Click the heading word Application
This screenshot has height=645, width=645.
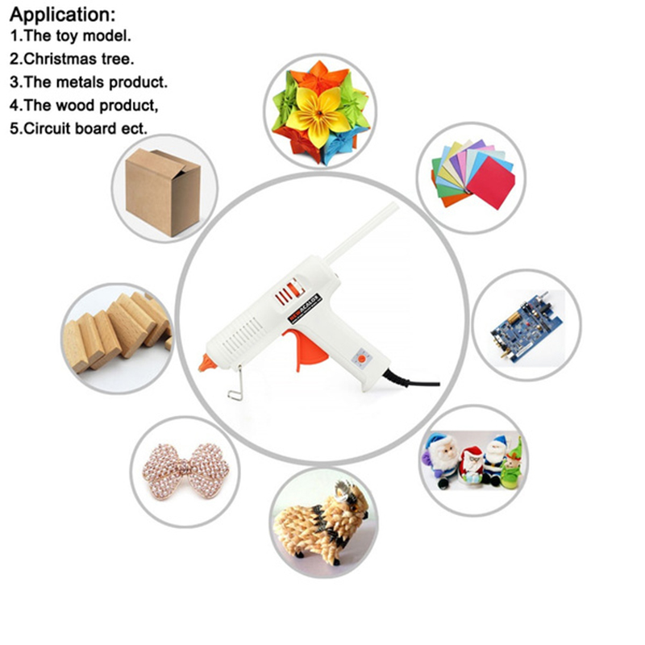tap(62, 15)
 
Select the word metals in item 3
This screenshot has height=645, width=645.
tap(80, 82)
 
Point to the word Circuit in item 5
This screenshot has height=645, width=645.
tap(48, 129)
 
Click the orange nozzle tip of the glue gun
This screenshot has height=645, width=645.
tap(207, 363)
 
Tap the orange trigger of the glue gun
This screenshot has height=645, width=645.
tap(306, 348)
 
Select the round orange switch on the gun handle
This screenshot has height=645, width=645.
tap(361, 359)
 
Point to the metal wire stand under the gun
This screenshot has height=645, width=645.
tap(236, 385)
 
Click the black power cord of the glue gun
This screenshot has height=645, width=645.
tap(411, 380)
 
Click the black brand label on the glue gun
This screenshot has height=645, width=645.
tap(304, 308)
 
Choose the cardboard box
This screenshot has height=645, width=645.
tap(164, 192)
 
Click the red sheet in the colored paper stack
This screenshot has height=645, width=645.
tap(491, 182)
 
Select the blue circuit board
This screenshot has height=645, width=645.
tap(527, 327)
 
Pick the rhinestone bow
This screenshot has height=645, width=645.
tap(185, 472)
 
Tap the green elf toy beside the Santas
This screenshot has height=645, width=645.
tap(511, 465)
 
